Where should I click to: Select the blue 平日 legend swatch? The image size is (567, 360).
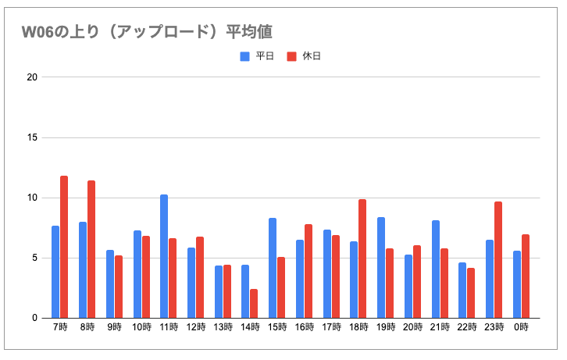[244, 56]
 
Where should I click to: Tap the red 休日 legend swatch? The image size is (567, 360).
[292, 56]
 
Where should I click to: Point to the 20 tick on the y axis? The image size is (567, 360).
[31, 77]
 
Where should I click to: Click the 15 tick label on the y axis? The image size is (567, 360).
[31, 137]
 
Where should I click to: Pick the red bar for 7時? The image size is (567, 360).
[64, 247]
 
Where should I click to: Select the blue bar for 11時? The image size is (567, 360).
[164, 256]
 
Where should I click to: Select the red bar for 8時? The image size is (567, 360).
[91, 249]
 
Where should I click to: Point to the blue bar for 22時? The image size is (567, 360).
[462, 290]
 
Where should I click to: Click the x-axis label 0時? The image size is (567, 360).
[521, 327]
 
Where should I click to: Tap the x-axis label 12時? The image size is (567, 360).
[196, 327]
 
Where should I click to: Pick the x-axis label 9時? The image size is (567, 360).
[114, 327]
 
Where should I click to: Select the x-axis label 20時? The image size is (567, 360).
[412, 327]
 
